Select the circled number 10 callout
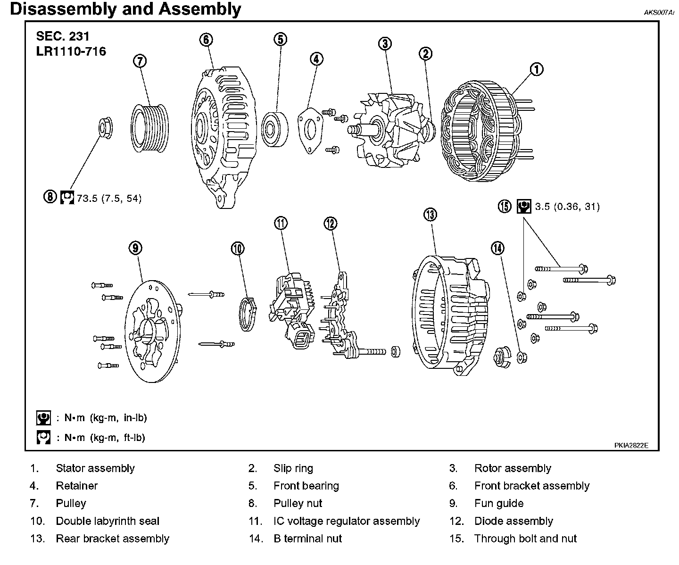point(238,248)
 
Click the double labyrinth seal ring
point(247,314)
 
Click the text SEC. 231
point(63,36)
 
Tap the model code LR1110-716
point(71,51)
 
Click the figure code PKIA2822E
point(631,445)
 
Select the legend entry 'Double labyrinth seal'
point(108,521)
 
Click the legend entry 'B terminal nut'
point(307,539)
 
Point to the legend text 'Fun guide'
point(498,503)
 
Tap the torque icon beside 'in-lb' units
point(43,418)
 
